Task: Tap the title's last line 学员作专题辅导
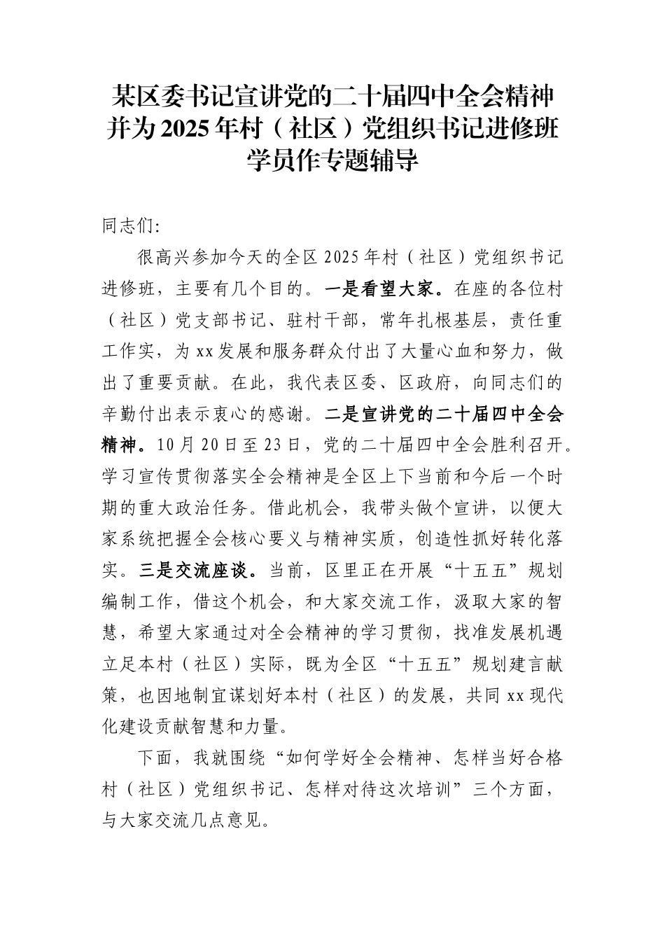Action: [332, 160]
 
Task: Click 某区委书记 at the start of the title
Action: [164, 95]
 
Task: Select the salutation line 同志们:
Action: [131, 227]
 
